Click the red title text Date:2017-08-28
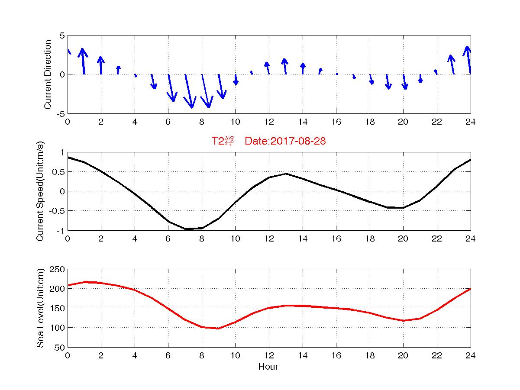point(285,141)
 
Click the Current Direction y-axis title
point(48,74)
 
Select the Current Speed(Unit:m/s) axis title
point(40,191)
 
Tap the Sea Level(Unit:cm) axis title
point(40,308)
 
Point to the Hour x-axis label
point(268,367)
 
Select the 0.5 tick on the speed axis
point(58,172)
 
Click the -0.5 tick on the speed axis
point(57,211)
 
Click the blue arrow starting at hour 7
point(189,91)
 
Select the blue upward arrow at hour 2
point(100,65)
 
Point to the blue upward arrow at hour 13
point(285,66)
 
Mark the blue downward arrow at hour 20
point(404,82)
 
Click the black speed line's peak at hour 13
point(286,174)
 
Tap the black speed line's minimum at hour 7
point(185,229)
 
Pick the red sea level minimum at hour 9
point(219,329)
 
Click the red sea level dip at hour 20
point(404,321)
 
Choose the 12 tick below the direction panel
point(269,122)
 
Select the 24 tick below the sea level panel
point(471,355)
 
